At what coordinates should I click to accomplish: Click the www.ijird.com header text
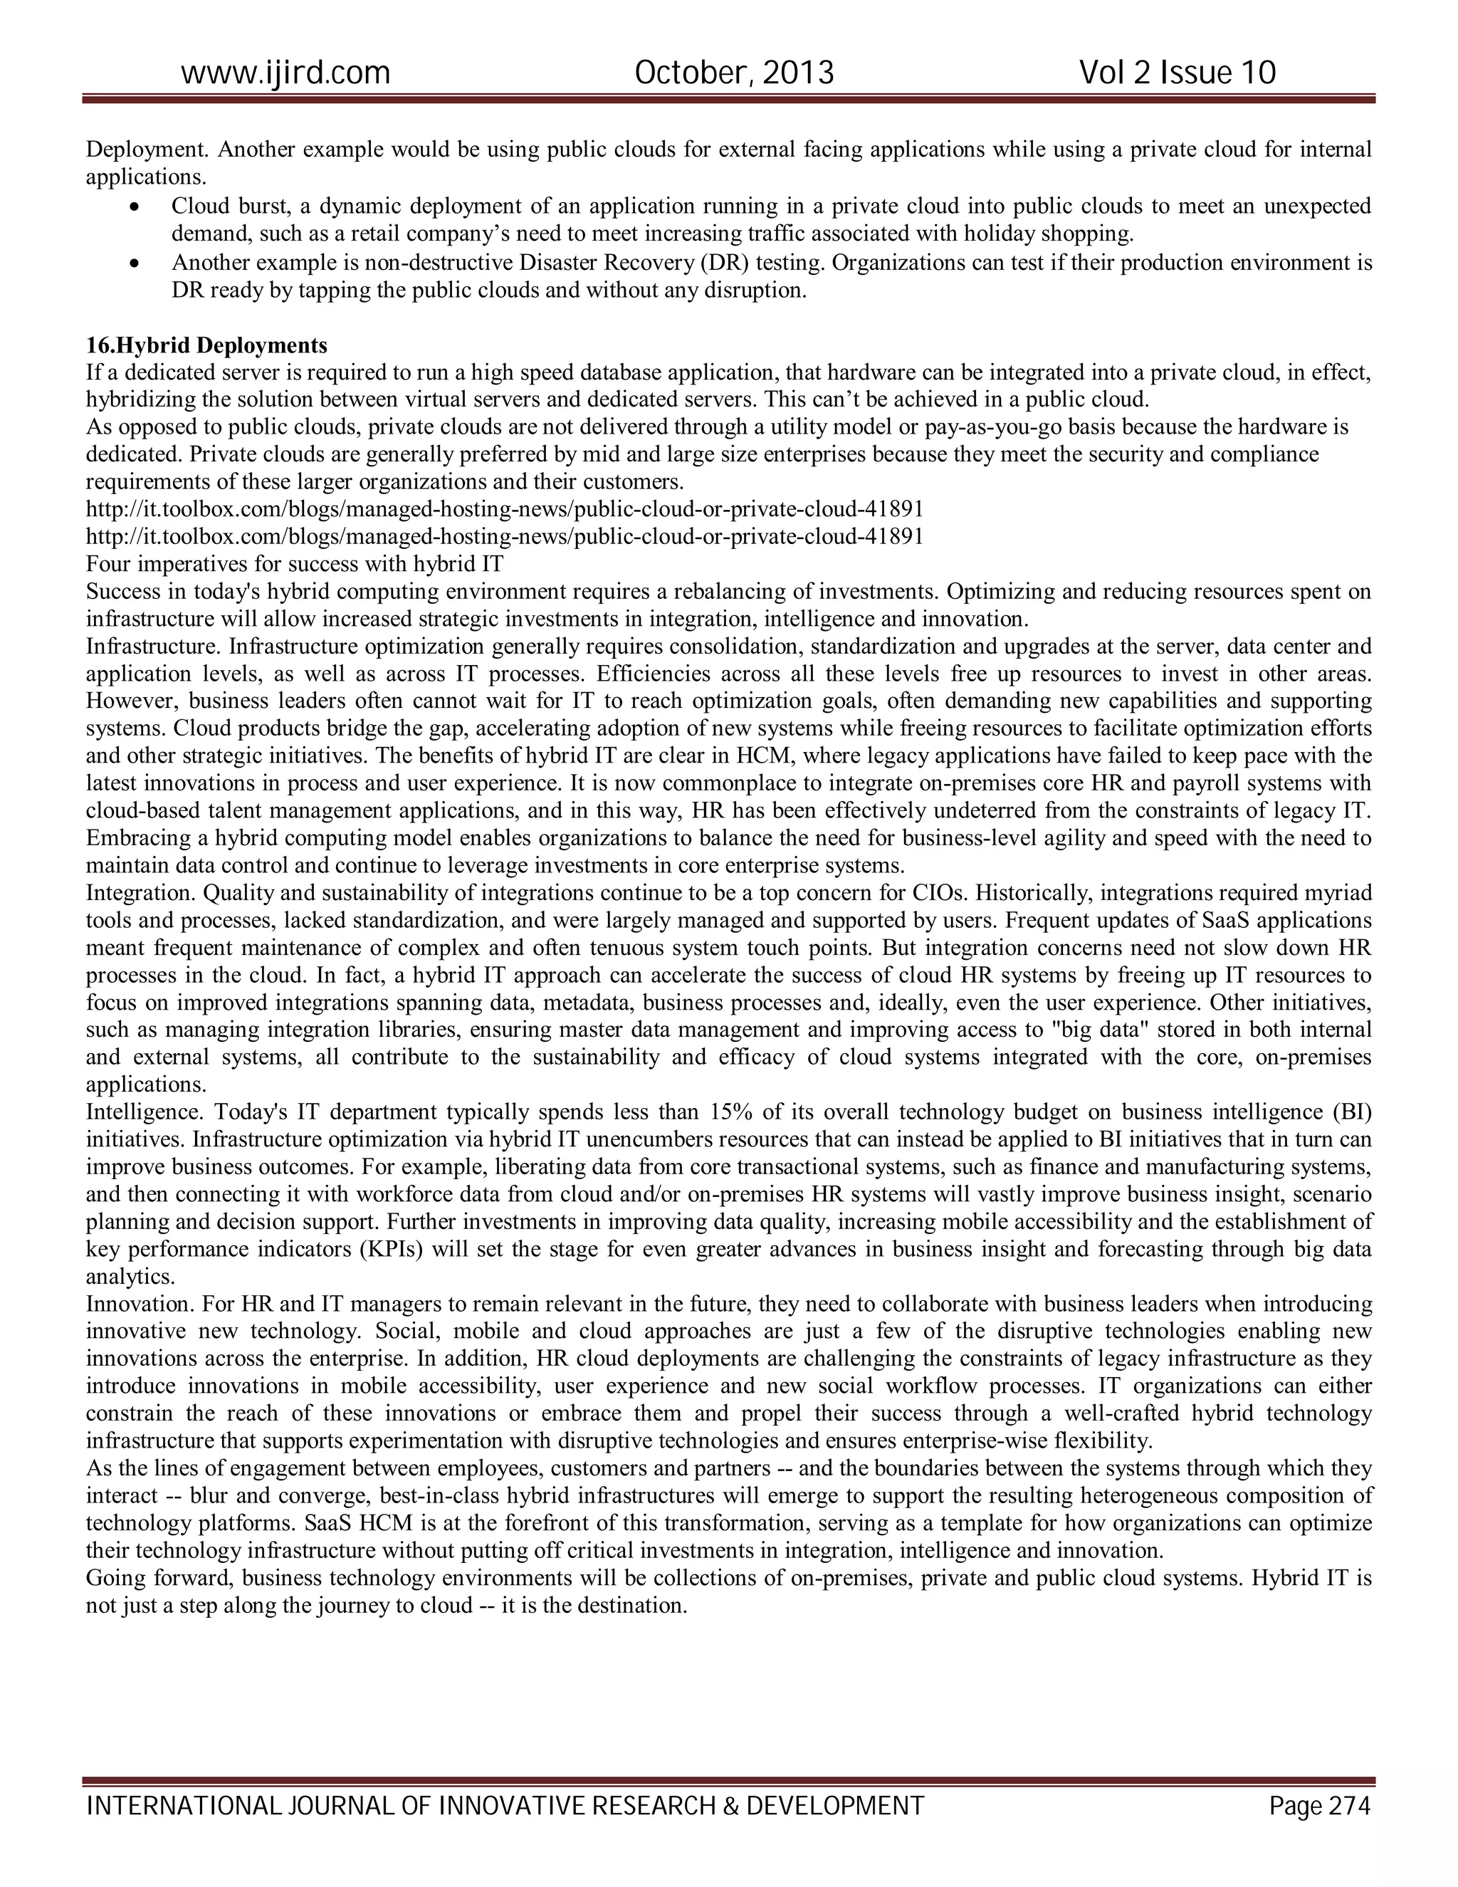[x=285, y=73]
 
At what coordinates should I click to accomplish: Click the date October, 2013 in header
[x=734, y=73]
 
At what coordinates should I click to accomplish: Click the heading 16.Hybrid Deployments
[x=206, y=345]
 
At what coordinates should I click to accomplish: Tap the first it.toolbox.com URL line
[x=505, y=509]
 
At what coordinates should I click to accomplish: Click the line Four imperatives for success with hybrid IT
[x=295, y=564]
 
